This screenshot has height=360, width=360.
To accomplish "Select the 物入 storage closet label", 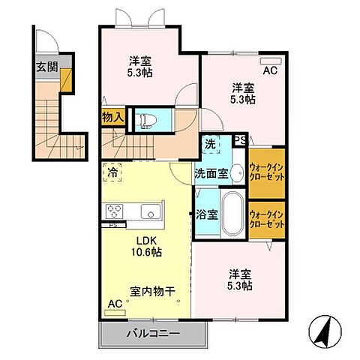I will click(x=112, y=118).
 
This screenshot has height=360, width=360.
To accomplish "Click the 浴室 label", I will click(x=208, y=214).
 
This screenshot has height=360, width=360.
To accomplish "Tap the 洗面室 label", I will click(x=211, y=173).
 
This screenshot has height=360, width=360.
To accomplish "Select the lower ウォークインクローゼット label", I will click(x=266, y=220).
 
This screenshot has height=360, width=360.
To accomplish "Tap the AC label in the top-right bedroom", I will click(x=271, y=72).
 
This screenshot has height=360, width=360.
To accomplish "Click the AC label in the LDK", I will click(x=115, y=304).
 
